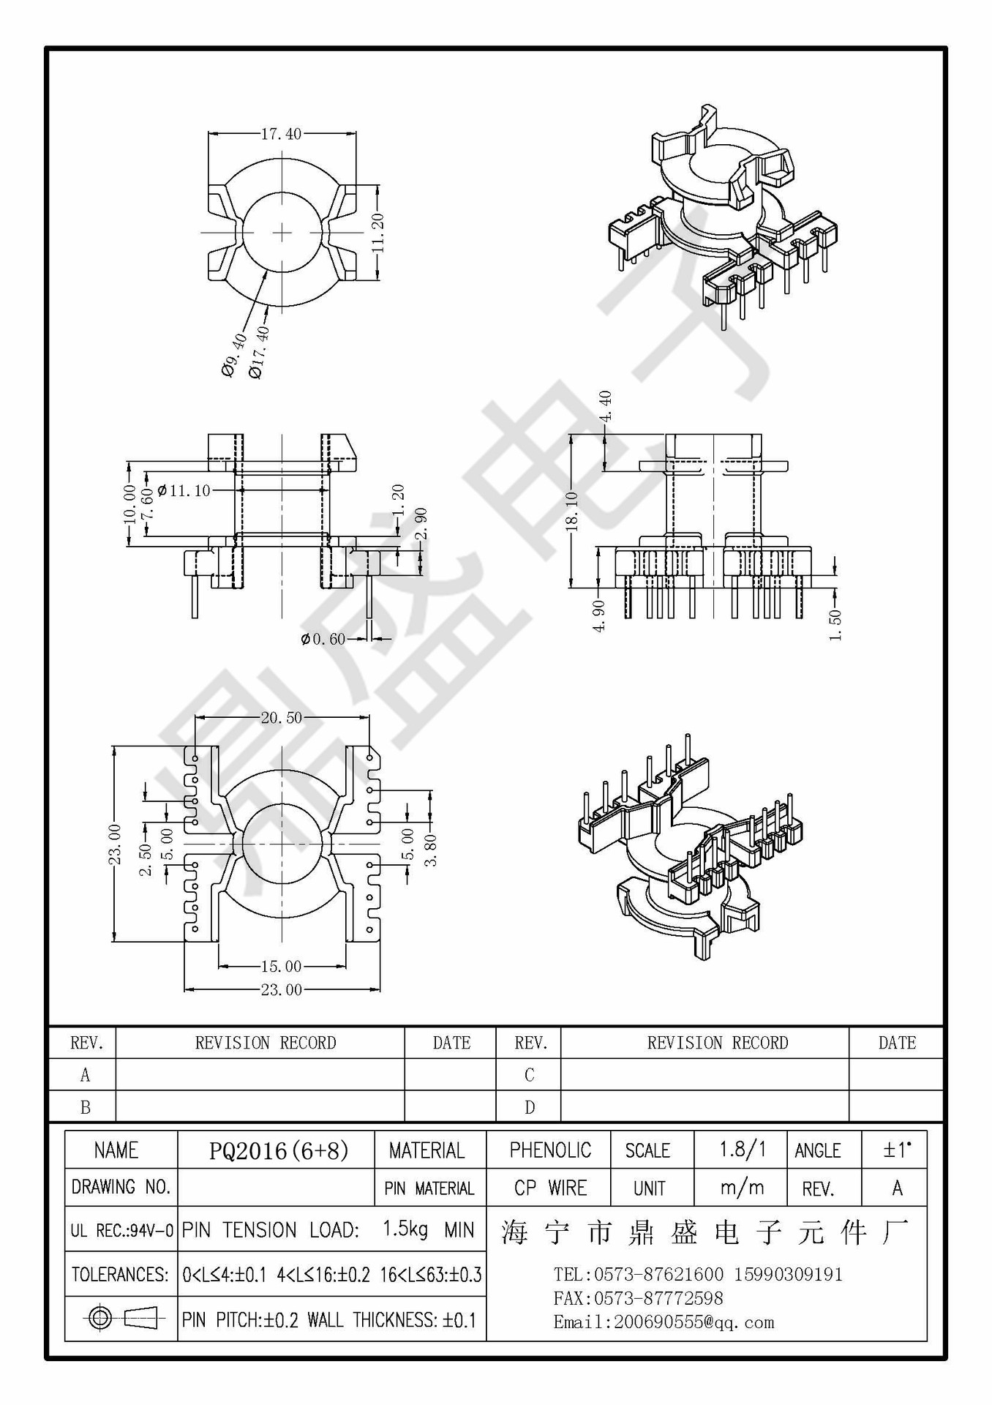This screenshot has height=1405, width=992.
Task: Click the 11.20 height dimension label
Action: pos(378,233)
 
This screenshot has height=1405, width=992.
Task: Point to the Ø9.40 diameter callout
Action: pos(235,355)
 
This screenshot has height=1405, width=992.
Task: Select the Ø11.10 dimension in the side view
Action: pos(184,491)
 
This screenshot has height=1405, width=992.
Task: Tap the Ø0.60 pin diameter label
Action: pos(323,640)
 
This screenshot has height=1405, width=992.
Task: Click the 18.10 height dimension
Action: pos(572,510)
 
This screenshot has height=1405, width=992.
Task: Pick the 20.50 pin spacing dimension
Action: pos(281,718)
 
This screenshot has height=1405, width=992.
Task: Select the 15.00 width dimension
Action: pos(281,967)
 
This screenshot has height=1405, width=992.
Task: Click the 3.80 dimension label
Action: pos(432,850)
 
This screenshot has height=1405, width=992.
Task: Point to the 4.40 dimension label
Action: pos(605,406)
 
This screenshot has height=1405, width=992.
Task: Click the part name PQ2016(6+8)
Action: pos(278,1151)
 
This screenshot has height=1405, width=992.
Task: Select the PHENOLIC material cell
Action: pos(550,1150)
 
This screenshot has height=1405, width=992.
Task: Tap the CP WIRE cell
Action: pos(550,1188)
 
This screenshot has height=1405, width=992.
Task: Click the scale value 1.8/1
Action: pos(742,1150)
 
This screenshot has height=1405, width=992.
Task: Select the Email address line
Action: pos(664,1322)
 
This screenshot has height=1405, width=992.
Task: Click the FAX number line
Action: pos(638,1298)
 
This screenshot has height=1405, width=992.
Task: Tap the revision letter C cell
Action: pos(529,1075)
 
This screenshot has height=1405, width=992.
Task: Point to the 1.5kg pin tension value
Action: pos(405,1229)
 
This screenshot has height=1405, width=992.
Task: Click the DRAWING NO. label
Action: pos(121,1187)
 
